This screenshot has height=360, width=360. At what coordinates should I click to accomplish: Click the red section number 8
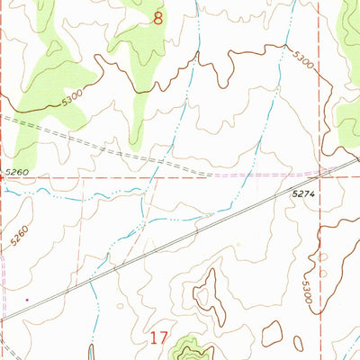[x=159, y=17]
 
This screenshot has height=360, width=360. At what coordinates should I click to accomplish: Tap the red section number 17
[x=159, y=338]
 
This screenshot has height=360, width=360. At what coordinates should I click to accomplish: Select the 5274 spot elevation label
[x=306, y=193]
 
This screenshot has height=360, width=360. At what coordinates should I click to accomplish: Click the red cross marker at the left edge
[x=3, y=177]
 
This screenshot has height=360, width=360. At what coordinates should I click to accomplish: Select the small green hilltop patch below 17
[x=189, y=345]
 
